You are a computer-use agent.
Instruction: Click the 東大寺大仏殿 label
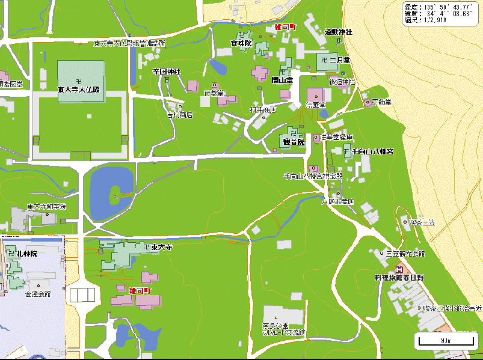click(78, 89)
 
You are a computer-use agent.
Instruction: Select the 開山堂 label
click(281, 79)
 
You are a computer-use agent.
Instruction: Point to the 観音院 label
click(294, 142)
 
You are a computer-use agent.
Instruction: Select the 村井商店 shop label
click(262, 110)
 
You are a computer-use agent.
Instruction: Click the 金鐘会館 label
click(38, 294)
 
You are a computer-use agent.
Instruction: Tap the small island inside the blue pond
click(115, 196)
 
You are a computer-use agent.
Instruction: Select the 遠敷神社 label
click(339, 31)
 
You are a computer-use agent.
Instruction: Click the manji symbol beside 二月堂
click(325, 61)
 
